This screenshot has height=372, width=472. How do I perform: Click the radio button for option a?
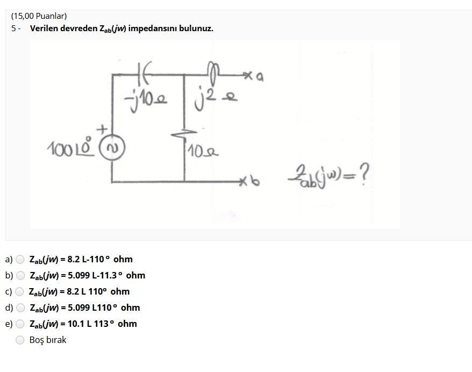coord(20,259)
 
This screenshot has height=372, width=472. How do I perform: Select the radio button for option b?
coord(20,275)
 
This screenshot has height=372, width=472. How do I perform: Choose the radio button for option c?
coord(20,291)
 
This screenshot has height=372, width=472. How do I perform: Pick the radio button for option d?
coord(20,307)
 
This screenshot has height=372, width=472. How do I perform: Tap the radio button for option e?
coord(20,324)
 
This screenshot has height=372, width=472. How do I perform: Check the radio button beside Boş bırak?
coord(20,340)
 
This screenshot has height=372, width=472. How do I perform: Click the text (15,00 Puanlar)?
coord(39,16)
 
